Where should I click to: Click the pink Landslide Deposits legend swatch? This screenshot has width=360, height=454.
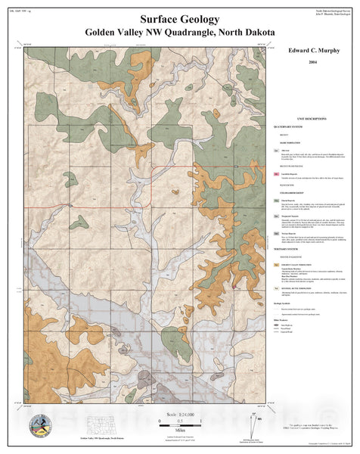coord(277,174)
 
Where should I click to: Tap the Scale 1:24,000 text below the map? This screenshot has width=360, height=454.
coord(180,415)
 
